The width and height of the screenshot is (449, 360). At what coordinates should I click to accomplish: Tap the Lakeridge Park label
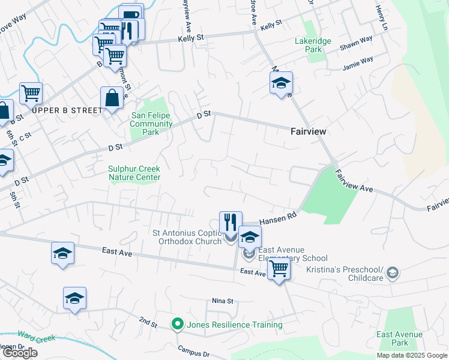coord(309,46)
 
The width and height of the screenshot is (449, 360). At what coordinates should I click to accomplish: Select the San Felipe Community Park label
coord(151,124)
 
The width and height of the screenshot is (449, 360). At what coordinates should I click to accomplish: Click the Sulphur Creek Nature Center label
coord(134,173)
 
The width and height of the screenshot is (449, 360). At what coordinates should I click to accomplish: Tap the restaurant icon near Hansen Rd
coord(231,223)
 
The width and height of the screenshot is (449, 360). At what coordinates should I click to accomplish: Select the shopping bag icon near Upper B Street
coord(112,98)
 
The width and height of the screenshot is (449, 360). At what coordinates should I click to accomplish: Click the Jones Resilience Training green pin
coord(177,325)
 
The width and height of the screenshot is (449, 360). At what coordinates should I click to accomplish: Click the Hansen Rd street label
coord(278,218)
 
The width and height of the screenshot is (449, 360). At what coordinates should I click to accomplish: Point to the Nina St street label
coord(222,301)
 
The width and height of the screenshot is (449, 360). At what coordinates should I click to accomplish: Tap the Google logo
coord(20,353)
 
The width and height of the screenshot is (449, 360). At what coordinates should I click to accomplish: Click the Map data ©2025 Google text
coord(411,355)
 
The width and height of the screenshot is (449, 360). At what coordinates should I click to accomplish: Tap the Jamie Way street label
coord(358,61)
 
